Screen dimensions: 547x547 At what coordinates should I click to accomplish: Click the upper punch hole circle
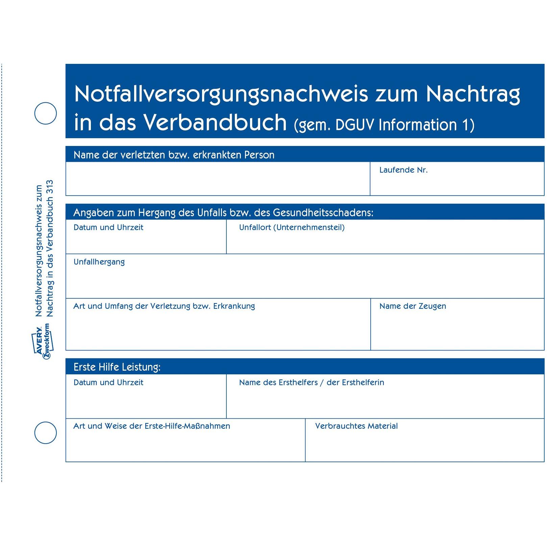click(x=46, y=113)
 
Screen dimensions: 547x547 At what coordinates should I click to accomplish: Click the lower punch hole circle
click(x=46, y=432)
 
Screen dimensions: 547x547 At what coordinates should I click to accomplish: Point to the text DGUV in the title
click(x=355, y=125)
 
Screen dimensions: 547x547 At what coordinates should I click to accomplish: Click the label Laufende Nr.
click(x=403, y=170)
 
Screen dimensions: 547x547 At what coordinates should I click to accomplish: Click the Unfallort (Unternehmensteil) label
click(x=292, y=227)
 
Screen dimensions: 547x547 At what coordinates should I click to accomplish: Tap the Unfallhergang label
click(x=99, y=262)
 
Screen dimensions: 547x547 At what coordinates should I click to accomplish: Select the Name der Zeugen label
click(x=413, y=306)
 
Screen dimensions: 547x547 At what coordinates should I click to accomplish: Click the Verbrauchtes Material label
click(x=356, y=426)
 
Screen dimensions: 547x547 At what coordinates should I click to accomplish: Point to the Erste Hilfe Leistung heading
click(x=117, y=367)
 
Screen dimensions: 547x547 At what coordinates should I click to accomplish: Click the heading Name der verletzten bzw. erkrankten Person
click(x=174, y=155)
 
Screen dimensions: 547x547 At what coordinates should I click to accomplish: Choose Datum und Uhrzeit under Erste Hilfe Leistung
click(x=108, y=382)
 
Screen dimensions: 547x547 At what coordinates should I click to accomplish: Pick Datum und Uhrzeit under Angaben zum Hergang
click(x=108, y=227)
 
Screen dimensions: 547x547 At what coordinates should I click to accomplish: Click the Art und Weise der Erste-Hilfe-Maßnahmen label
click(x=152, y=426)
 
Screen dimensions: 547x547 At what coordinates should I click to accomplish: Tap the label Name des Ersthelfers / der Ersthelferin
click(x=312, y=382)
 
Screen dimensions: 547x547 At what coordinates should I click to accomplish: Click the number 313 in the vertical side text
click(x=50, y=187)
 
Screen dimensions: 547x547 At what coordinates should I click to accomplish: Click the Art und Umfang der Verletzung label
click(x=164, y=306)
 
